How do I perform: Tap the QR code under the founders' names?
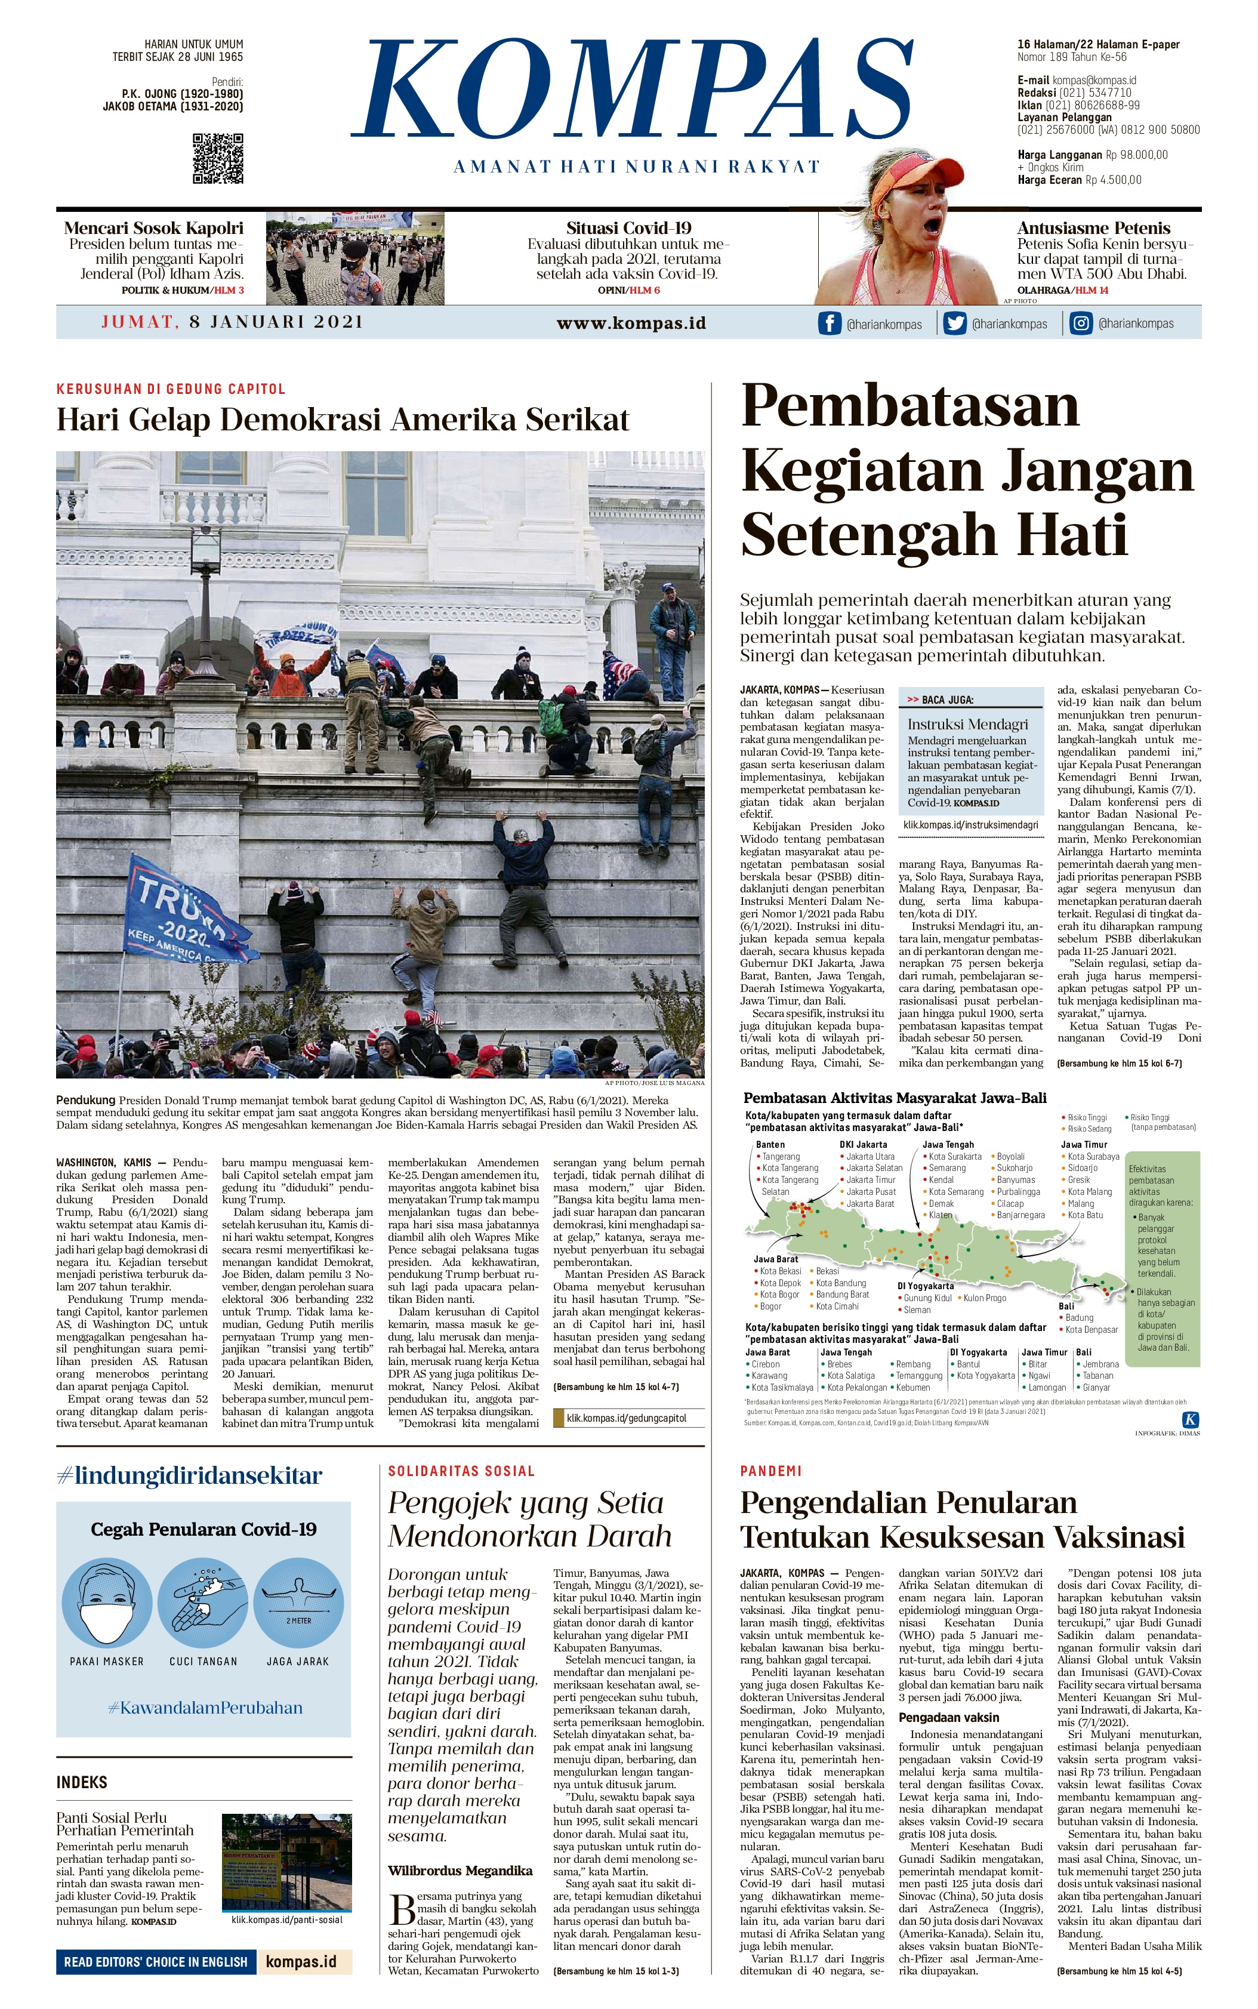pos(218,158)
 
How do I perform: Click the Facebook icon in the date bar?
pos(829,323)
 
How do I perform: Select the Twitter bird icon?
pos(954,323)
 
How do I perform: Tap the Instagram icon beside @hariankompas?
pos(1080,323)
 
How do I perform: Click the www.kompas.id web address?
pos(631,323)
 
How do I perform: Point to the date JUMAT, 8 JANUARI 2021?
pos(232,322)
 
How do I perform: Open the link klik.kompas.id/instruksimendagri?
pos(971,825)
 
